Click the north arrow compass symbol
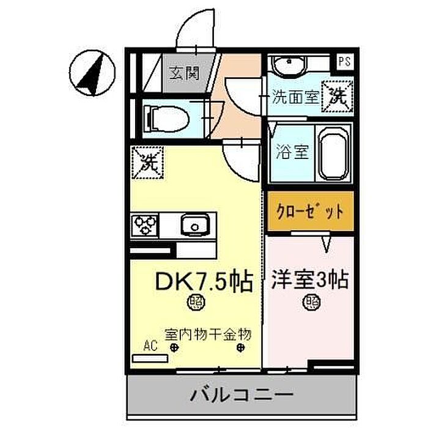pos(92,73)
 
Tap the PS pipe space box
pos(344,61)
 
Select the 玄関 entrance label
pos(184,73)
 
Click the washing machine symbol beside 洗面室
pos(338,96)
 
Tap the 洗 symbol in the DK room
pos(148,163)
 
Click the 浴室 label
pos(292,152)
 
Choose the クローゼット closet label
pos(310,212)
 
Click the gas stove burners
pos(145,225)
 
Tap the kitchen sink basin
pos(194,224)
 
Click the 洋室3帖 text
pos(309,280)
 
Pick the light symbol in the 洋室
pos(311,302)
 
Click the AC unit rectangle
pos(150,358)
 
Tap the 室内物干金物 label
pos(207,334)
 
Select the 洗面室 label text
pos(296,97)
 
